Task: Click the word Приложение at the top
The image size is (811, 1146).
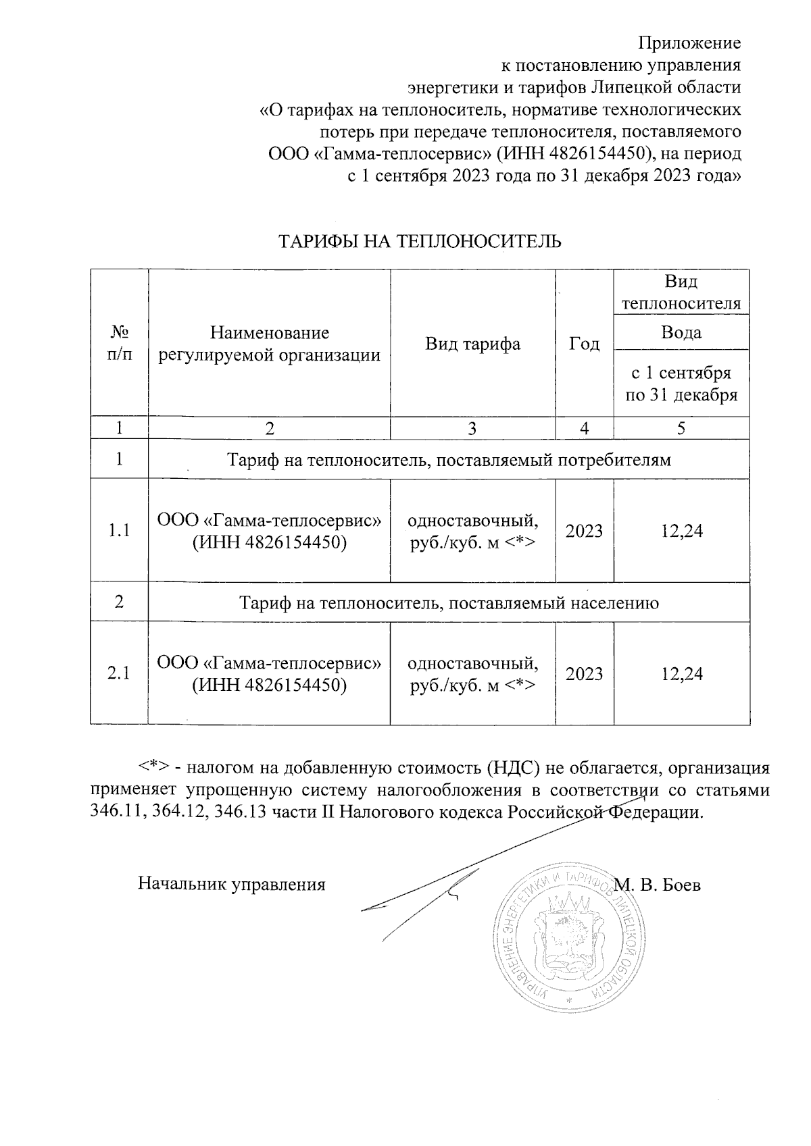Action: point(690,43)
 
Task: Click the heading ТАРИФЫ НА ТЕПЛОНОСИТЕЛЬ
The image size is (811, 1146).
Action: point(420,241)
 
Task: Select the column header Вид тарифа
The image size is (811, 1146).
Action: point(472,344)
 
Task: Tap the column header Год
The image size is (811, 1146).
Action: point(584,344)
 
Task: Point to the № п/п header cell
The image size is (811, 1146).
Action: point(119,344)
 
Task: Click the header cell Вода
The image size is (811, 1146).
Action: point(681,332)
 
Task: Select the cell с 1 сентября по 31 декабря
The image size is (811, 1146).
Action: point(681,384)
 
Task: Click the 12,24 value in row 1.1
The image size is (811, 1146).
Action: point(681,531)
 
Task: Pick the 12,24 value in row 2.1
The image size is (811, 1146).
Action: point(681,673)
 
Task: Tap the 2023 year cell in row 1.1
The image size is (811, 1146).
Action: point(584,531)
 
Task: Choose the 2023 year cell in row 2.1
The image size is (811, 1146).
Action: point(584,673)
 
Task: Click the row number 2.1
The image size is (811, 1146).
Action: point(119,673)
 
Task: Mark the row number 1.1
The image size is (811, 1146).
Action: point(119,531)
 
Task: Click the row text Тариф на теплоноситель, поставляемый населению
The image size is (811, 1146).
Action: point(449,602)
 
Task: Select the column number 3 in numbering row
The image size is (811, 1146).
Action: point(472,428)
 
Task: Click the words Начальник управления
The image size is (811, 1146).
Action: point(232,884)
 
